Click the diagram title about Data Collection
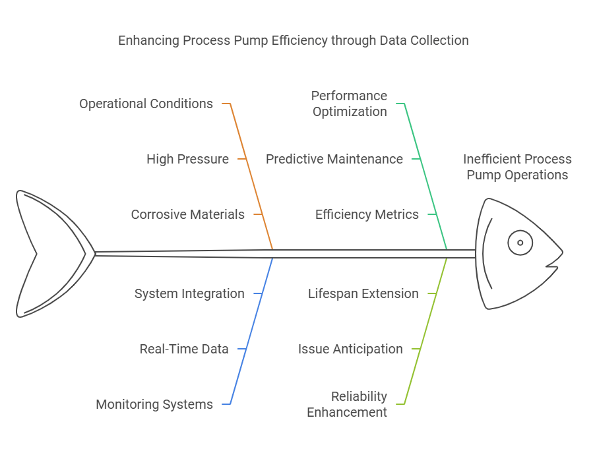click(x=293, y=40)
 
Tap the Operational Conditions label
click(x=146, y=104)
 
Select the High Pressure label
click(x=187, y=159)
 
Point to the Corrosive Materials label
click(x=187, y=214)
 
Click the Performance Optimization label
click(x=349, y=104)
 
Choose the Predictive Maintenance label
click(x=334, y=159)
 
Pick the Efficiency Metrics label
click(x=366, y=214)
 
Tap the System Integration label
click(x=189, y=293)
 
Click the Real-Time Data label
click(x=183, y=349)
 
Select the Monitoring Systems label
click(x=154, y=404)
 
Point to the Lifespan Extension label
click(x=363, y=293)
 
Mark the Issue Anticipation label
click(x=350, y=349)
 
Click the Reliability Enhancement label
click(x=347, y=404)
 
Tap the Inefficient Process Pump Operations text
click(x=517, y=167)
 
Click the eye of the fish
click(x=520, y=243)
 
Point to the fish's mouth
click(x=552, y=266)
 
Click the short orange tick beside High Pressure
click(x=242, y=159)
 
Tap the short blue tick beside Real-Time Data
click(x=241, y=349)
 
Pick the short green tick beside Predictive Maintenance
click(x=416, y=159)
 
